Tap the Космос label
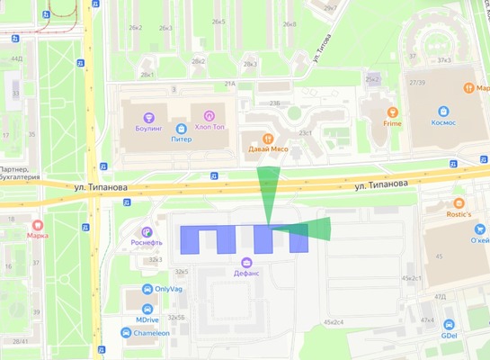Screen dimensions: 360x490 [x=443, y=121]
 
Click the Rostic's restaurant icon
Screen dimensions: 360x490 [x=459, y=204]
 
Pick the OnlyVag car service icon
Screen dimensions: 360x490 [x=147, y=289]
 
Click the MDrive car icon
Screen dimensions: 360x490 [x=147, y=309]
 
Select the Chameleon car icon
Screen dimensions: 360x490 [x=127, y=331]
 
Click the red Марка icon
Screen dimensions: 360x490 [x=38, y=226]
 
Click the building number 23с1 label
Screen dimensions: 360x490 [x=306, y=132]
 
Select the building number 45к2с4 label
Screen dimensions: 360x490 [x=334, y=321]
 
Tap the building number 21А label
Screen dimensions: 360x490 [x=229, y=84]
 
